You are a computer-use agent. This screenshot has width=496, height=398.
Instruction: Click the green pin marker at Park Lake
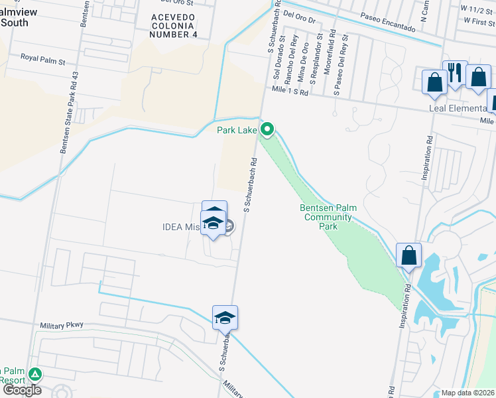point(267,129)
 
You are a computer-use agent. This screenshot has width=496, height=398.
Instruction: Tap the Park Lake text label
point(237,130)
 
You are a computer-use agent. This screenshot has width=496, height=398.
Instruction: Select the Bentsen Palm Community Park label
point(328,217)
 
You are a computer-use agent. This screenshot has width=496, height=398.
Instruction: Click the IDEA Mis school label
point(181,227)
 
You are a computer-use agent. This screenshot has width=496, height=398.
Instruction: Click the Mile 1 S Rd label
point(290,93)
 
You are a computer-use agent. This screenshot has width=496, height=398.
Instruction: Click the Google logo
point(23,389)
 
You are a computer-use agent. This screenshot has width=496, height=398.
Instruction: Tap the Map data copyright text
point(468,393)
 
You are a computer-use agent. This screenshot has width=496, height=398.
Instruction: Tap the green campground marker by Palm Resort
point(34,375)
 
